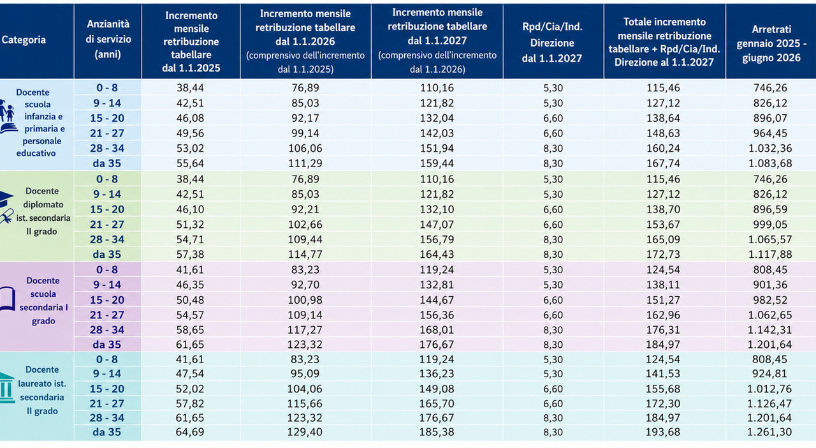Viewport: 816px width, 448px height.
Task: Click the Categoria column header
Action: pyautogui.click(x=24, y=40)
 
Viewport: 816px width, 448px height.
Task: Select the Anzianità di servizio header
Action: pyautogui.click(x=108, y=39)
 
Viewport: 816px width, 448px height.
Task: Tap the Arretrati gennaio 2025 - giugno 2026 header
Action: pyautogui.click(x=771, y=43)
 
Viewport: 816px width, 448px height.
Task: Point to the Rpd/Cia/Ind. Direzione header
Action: pyautogui.click(x=552, y=43)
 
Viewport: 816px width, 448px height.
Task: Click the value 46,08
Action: pyautogui.click(x=190, y=118)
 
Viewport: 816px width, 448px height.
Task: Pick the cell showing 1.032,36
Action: pyautogui.click(x=770, y=149)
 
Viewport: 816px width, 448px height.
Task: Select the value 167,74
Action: pyautogui.click(x=663, y=163)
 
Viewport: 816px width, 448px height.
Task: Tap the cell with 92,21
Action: pyautogui.click(x=305, y=209)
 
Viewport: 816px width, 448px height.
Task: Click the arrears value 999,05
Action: pyautogui.click(x=770, y=225)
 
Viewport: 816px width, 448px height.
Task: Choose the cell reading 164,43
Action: pyautogui.click(x=437, y=254)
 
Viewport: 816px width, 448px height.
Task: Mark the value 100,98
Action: pyautogui.click(x=305, y=300)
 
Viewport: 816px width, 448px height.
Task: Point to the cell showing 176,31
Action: pyautogui.click(x=663, y=330)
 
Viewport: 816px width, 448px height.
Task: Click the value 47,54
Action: pyautogui.click(x=190, y=373)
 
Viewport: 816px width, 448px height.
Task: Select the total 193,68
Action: pyautogui.click(x=663, y=432)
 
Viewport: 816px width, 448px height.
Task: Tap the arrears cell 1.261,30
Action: pyautogui.click(x=769, y=432)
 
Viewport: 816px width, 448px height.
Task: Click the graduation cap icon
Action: pyautogui.click(x=6, y=199)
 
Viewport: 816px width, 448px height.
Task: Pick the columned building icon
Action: pyautogui.click(x=6, y=387)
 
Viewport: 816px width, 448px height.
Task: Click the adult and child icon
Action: pyautogui.click(x=6, y=111)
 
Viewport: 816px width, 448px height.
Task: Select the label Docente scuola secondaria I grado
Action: pyautogui.click(x=43, y=301)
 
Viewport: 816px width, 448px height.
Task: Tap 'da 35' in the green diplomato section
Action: pyautogui.click(x=106, y=254)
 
